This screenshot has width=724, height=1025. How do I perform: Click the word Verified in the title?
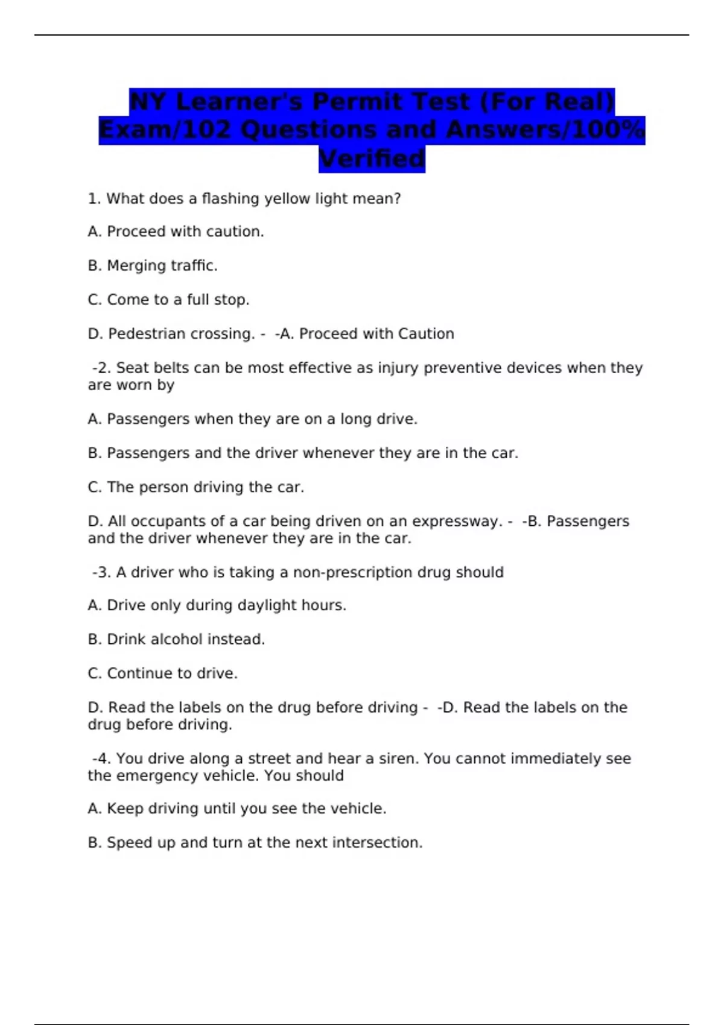click(x=372, y=159)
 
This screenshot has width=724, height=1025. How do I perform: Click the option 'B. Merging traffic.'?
click(x=153, y=266)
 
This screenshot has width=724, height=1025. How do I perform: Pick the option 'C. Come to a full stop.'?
click(x=168, y=300)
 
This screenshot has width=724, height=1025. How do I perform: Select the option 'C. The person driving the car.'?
click(x=195, y=487)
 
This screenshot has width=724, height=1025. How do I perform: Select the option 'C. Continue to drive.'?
click(x=162, y=673)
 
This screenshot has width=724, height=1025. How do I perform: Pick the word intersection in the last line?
click(x=386, y=843)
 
